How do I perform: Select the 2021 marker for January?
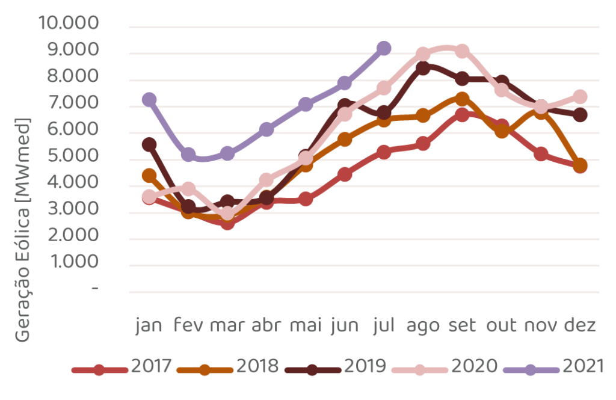[x=149, y=99]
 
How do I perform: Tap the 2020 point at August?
[x=423, y=54]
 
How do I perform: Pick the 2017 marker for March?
[x=227, y=224]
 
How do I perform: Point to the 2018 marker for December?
[x=580, y=166]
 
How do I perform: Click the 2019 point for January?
[x=149, y=144]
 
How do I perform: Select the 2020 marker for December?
[x=580, y=97]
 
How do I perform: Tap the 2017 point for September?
[x=462, y=114]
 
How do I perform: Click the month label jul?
[x=384, y=325]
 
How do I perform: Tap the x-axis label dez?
[x=580, y=325]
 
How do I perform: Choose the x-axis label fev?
[x=188, y=325]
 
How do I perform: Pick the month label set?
[x=462, y=325]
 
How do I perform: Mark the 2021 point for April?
[x=266, y=129]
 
